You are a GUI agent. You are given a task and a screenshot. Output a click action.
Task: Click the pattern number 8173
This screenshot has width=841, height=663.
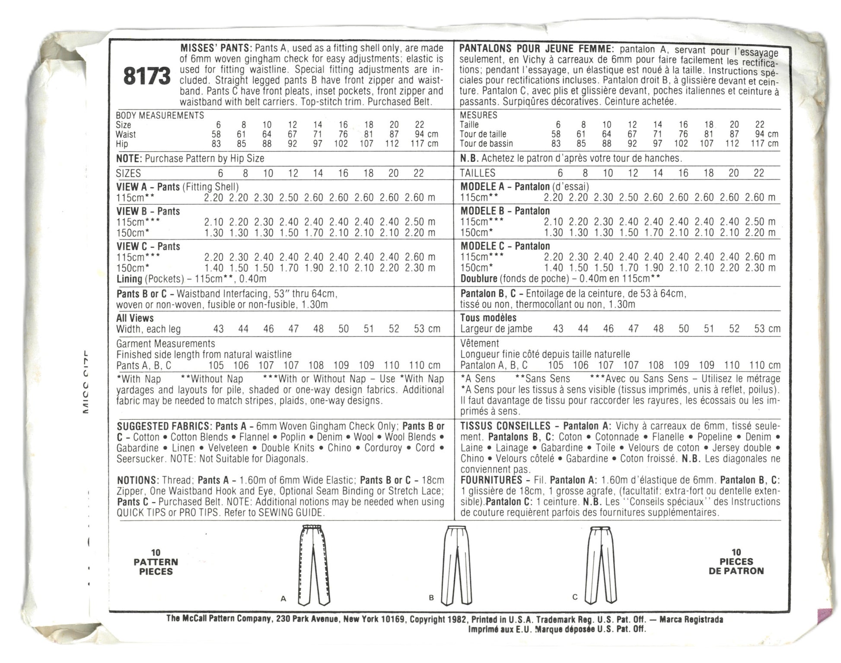coord(147,76)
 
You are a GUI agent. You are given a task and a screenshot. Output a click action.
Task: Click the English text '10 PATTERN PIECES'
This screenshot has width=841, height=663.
coord(156,562)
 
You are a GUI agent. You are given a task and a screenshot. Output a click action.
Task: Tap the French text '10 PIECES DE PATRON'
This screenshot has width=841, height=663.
coord(736,561)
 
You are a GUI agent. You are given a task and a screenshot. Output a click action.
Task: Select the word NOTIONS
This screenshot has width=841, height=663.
coord(137,480)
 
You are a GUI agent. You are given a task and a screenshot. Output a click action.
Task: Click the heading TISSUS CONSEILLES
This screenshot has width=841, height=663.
coord(505,426)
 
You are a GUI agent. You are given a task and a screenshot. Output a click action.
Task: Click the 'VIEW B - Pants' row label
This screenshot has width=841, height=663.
coord(148,211)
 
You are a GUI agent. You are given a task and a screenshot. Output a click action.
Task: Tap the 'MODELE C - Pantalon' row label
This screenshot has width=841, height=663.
coord(505,246)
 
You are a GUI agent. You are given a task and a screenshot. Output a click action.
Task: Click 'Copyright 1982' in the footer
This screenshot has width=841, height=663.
coord(438,619)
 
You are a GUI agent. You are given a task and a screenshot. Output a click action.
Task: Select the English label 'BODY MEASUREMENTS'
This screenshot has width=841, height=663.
coord(160,115)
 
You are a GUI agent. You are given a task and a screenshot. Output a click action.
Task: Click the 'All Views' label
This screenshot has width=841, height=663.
coord(135,318)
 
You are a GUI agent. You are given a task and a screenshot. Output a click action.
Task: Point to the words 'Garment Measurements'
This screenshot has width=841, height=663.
coord(166,344)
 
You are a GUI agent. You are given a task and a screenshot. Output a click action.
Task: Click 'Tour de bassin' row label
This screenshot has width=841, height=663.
coord(486,143)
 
